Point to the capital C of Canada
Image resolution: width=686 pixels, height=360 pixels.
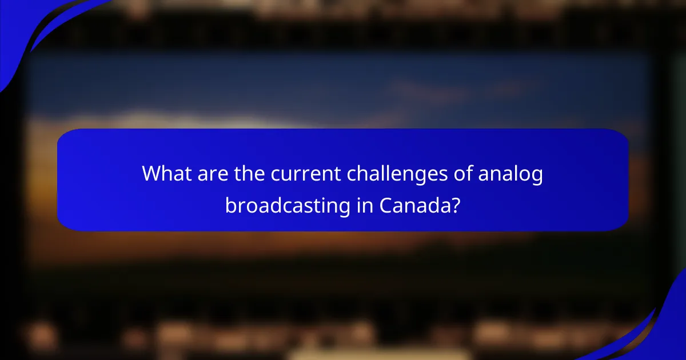(x=386, y=205)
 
